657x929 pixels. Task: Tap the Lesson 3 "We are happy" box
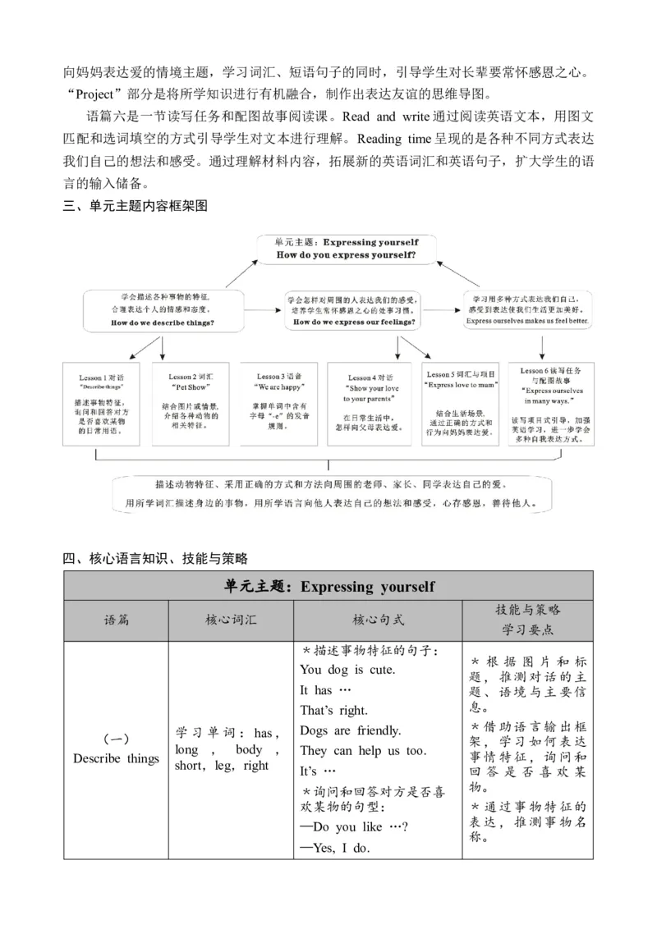coord(281,403)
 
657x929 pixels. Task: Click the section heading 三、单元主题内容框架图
coord(136,206)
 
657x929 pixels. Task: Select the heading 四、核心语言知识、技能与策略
coord(155,559)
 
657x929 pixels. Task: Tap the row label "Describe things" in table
coord(116,758)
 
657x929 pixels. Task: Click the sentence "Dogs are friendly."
coord(351,730)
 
